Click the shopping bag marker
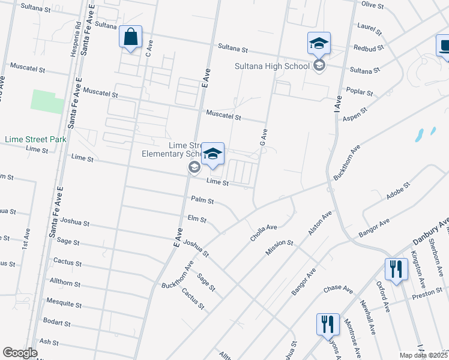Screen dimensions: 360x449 (x=130, y=38)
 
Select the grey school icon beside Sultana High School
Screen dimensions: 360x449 (x=319, y=65)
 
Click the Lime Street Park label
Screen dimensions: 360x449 (x=35, y=139)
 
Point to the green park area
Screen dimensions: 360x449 (x=47, y=101)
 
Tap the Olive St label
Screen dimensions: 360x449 (x=372, y=5)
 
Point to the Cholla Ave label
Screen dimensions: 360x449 (x=264, y=233)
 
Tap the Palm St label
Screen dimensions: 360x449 (x=202, y=200)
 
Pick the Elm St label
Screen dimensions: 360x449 (x=197, y=218)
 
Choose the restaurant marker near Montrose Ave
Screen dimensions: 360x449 (x=327, y=325)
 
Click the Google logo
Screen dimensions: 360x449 (x=20, y=353)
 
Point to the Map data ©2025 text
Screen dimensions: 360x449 (x=423, y=355)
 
